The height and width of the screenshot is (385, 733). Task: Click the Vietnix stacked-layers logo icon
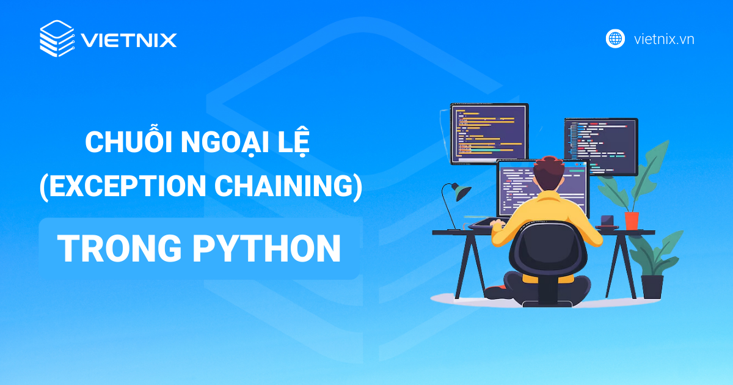57,38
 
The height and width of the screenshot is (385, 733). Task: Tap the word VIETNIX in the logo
129,40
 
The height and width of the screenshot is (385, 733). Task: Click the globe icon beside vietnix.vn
615,38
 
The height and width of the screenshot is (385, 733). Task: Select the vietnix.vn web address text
664,39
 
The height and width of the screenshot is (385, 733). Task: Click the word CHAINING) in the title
288,186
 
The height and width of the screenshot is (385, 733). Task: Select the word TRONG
120,248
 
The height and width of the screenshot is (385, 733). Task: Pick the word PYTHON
266,248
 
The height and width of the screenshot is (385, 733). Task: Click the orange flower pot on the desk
632,221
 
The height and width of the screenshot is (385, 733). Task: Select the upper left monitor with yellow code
489,134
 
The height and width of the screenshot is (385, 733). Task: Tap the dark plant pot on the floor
652,287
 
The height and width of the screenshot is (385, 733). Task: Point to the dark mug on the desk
607,221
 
